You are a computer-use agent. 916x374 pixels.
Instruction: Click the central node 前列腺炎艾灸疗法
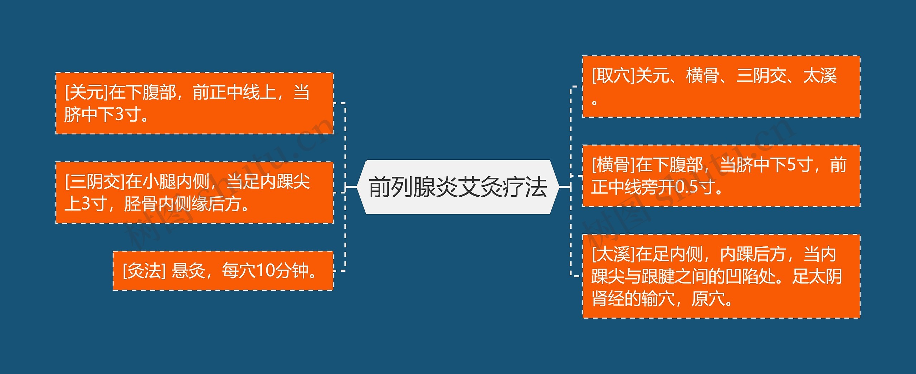point(458,187)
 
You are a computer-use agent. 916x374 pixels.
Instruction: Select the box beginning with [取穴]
point(721,87)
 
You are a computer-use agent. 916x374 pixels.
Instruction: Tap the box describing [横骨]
point(721,176)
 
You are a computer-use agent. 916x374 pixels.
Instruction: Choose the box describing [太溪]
point(721,276)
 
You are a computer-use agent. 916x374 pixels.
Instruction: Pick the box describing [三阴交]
point(194,193)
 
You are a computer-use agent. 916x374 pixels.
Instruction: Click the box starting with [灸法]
point(223,271)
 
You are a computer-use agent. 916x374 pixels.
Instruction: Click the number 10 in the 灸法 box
point(265,271)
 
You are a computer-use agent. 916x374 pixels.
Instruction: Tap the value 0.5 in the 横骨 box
point(687,187)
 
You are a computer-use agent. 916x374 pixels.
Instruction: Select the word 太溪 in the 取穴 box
point(820,76)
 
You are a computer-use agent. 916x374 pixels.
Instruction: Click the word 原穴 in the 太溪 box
point(707,299)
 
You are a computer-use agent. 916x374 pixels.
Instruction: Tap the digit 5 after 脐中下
point(791,165)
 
